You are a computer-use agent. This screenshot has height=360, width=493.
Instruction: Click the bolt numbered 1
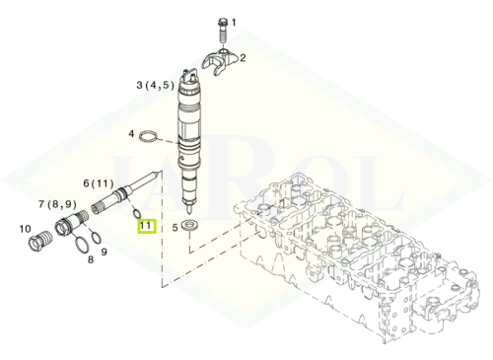(223, 31)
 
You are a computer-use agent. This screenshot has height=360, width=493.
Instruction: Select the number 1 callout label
(234, 23)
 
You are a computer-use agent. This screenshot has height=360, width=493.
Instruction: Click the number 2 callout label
(243, 58)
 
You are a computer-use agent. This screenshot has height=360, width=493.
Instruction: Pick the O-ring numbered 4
(149, 136)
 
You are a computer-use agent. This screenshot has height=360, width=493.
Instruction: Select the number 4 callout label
(131, 134)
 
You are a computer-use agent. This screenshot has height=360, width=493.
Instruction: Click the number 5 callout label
(175, 227)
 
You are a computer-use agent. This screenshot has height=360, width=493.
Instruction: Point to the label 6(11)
(99, 183)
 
